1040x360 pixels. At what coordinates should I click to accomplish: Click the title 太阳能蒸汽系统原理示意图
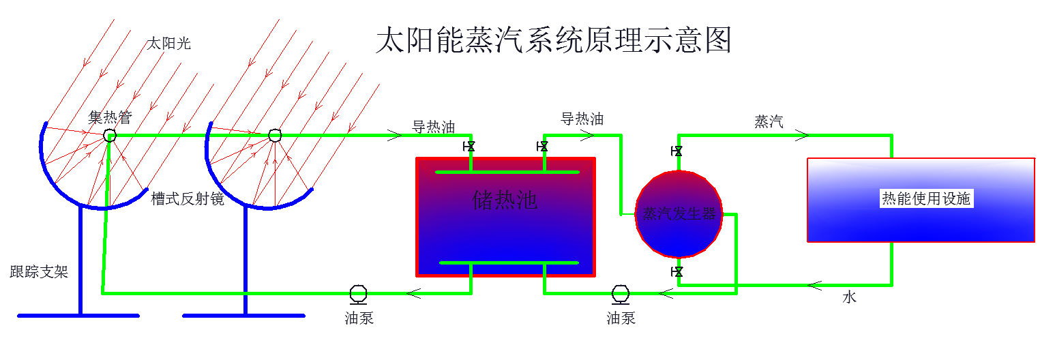tap(553, 40)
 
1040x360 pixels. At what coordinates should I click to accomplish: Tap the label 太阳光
tap(169, 44)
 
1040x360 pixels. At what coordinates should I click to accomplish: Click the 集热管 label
tap(109, 117)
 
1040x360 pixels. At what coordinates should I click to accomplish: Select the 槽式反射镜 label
tap(188, 199)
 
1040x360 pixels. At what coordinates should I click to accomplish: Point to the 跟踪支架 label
tap(39, 273)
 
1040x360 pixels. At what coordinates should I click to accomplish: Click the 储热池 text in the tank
tap(505, 200)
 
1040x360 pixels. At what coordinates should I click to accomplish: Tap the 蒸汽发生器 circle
tap(679, 214)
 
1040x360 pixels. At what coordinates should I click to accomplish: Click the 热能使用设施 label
tap(925, 199)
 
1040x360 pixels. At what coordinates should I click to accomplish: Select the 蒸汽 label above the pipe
tap(769, 122)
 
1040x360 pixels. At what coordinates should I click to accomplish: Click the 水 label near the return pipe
tap(849, 297)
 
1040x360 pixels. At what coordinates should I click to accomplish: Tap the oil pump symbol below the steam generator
tap(621, 293)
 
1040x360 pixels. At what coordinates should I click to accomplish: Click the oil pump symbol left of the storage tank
tap(358, 293)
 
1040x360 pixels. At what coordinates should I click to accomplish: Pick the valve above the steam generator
tap(677, 151)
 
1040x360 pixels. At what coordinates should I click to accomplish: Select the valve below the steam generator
tap(677, 272)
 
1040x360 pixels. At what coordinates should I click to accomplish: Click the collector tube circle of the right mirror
tap(275, 136)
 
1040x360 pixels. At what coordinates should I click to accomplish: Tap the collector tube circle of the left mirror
tap(110, 136)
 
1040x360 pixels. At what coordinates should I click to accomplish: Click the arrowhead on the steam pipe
tap(803, 135)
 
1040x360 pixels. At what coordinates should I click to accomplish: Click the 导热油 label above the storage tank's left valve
tap(433, 127)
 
